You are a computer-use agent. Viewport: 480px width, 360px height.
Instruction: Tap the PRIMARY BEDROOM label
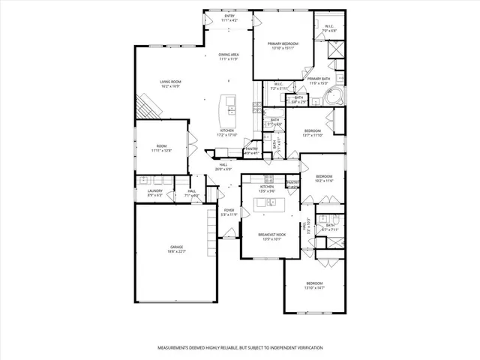click(x=283, y=44)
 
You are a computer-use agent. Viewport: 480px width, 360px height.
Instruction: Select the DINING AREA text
click(x=229, y=55)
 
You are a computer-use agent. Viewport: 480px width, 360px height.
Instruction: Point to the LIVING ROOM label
click(x=170, y=82)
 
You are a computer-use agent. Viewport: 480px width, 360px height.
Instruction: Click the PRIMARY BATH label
click(x=319, y=78)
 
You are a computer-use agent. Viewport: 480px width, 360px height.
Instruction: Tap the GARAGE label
click(x=176, y=247)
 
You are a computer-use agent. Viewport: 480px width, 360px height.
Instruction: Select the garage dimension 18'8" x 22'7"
click(x=176, y=252)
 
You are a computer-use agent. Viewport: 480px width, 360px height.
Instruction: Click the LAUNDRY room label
click(x=154, y=191)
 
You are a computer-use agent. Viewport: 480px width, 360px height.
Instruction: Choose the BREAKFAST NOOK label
click(x=270, y=235)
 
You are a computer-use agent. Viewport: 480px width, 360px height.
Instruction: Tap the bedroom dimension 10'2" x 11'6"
click(x=323, y=181)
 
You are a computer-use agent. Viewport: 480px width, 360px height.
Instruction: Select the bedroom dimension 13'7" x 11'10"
click(x=313, y=135)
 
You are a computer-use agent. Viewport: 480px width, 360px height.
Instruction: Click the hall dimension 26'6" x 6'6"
click(x=223, y=169)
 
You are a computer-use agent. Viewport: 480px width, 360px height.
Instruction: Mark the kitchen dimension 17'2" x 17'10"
click(x=227, y=135)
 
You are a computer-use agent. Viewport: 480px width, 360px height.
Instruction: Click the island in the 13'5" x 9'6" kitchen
click(x=269, y=202)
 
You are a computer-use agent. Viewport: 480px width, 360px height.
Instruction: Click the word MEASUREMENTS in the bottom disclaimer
click(x=178, y=349)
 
